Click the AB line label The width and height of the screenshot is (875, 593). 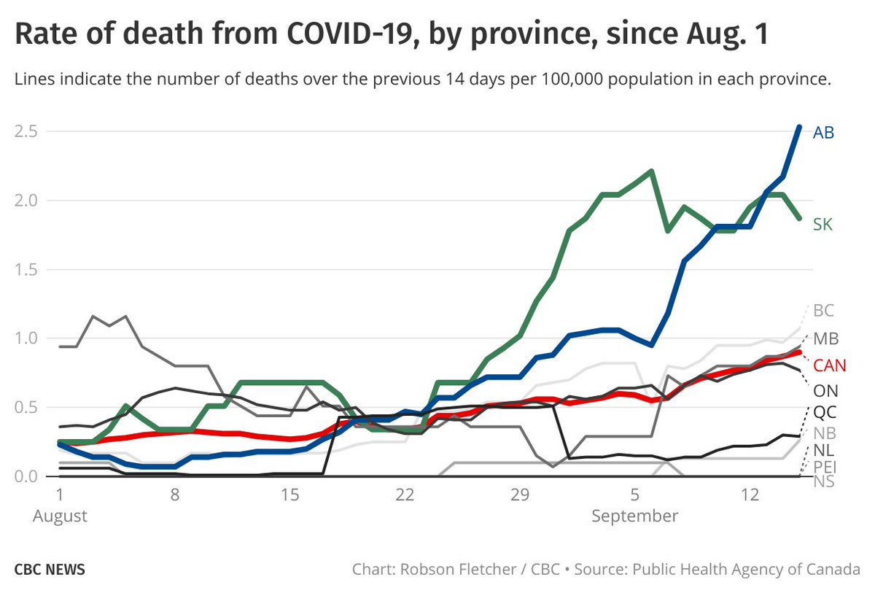pyautogui.click(x=823, y=133)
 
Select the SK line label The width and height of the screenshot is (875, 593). pyautogui.click(x=822, y=225)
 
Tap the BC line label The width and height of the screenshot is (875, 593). pyautogui.click(x=823, y=311)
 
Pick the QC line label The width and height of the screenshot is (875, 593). pyautogui.click(x=824, y=412)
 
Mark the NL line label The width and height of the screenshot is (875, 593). pyautogui.click(x=824, y=449)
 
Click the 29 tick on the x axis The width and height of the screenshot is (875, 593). pyautogui.click(x=519, y=496)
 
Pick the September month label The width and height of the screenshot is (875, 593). pyautogui.click(x=634, y=516)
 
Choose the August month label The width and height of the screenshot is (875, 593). pyautogui.click(x=61, y=516)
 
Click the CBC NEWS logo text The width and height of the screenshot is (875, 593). pyautogui.click(x=50, y=569)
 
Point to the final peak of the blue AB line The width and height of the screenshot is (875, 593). pyautogui.click(x=799, y=127)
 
